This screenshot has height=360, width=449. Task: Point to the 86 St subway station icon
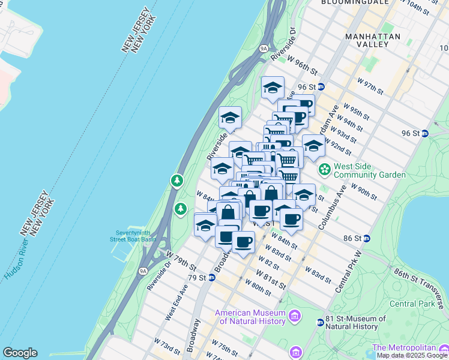[x=366, y=238]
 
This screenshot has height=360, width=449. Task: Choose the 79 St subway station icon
[x=212, y=278]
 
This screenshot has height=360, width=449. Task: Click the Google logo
[x=20, y=353]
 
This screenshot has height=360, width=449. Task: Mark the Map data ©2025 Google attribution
[x=412, y=355]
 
